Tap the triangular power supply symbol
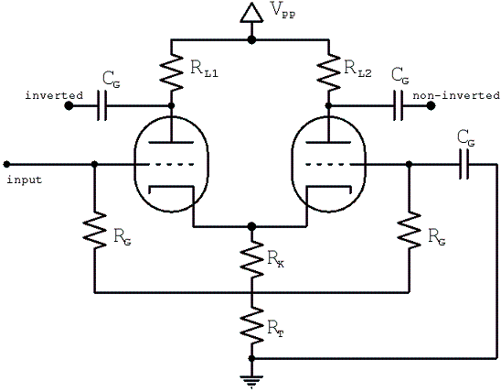tap(251, 13)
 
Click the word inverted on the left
tap(29, 95)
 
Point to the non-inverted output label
tap(456, 95)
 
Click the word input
tap(24, 179)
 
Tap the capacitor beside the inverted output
tap(102, 106)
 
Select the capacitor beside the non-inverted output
tap(400, 106)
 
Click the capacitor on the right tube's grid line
tap(467, 165)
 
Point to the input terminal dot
tap(6, 165)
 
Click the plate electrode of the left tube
tap(172, 141)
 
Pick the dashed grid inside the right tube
tap(331, 165)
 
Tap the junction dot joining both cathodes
tap(251, 225)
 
